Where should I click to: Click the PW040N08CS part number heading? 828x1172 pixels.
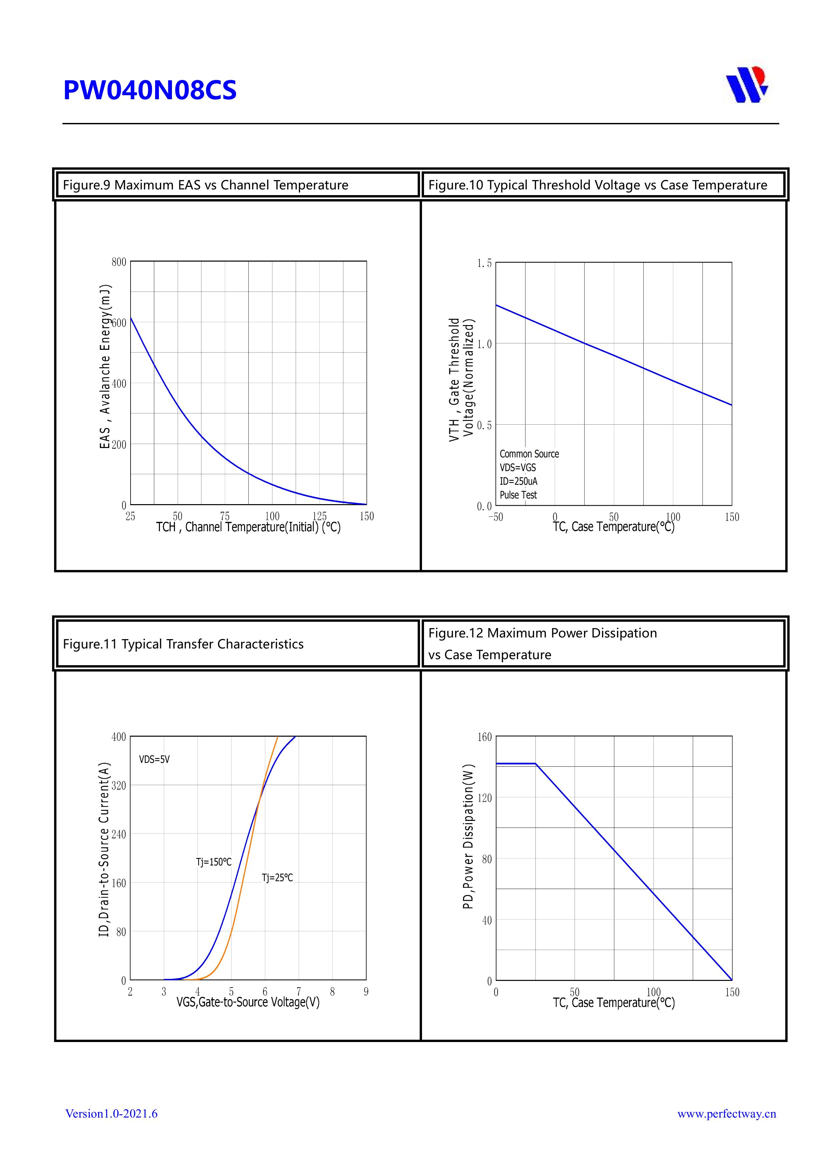pos(150,90)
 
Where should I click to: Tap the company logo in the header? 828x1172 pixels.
pos(747,85)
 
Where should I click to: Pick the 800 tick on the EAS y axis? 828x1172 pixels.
pos(119,262)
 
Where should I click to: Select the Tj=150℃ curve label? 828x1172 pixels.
pos(214,862)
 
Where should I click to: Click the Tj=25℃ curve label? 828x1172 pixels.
pos(277,877)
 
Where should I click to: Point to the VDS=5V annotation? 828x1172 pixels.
pos(154,759)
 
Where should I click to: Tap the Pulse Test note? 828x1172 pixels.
pos(518,495)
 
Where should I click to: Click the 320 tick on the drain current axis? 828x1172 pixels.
pos(119,785)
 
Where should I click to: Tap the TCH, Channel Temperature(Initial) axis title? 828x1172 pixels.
pos(248,527)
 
